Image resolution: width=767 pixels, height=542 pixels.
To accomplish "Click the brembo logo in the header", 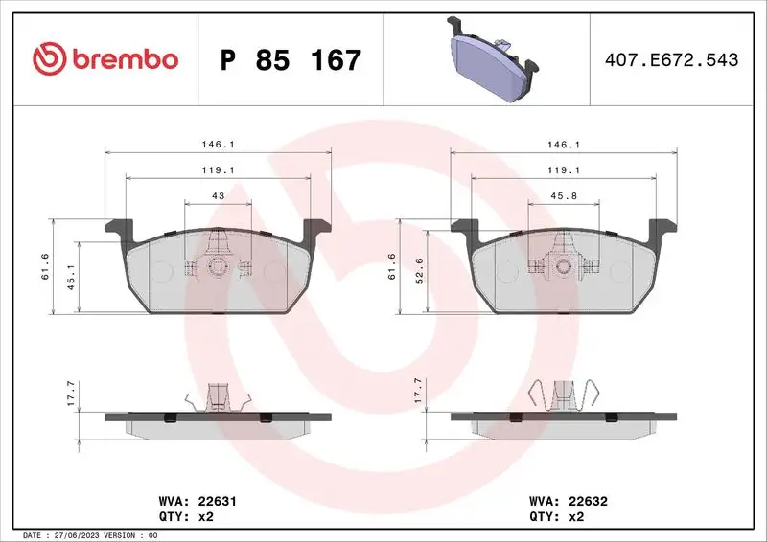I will (x=105, y=59).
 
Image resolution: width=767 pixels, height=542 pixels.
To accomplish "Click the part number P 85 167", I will (x=291, y=60).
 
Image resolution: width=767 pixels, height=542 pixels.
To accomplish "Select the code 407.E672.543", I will (x=672, y=60).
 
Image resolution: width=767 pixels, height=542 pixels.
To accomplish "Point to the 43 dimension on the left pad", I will (x=218, y=195).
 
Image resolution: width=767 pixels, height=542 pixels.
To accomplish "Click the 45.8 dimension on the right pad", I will (x=563, y=195).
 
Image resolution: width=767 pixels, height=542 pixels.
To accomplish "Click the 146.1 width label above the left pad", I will (x=218, y=145).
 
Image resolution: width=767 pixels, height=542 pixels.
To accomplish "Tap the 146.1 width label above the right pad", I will (x=563, y=145).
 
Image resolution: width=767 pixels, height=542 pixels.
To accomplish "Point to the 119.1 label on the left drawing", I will (x=218, y=169).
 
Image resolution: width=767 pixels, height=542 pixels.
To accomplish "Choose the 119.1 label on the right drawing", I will (x=563, y=169).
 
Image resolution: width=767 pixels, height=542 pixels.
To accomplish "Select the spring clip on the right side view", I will (x=564, y=395).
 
